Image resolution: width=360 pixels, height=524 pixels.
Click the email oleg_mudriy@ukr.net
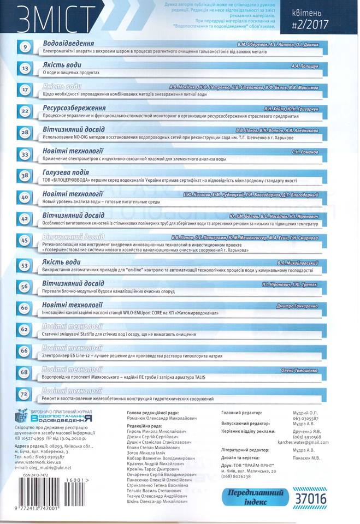pos(40,468)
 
